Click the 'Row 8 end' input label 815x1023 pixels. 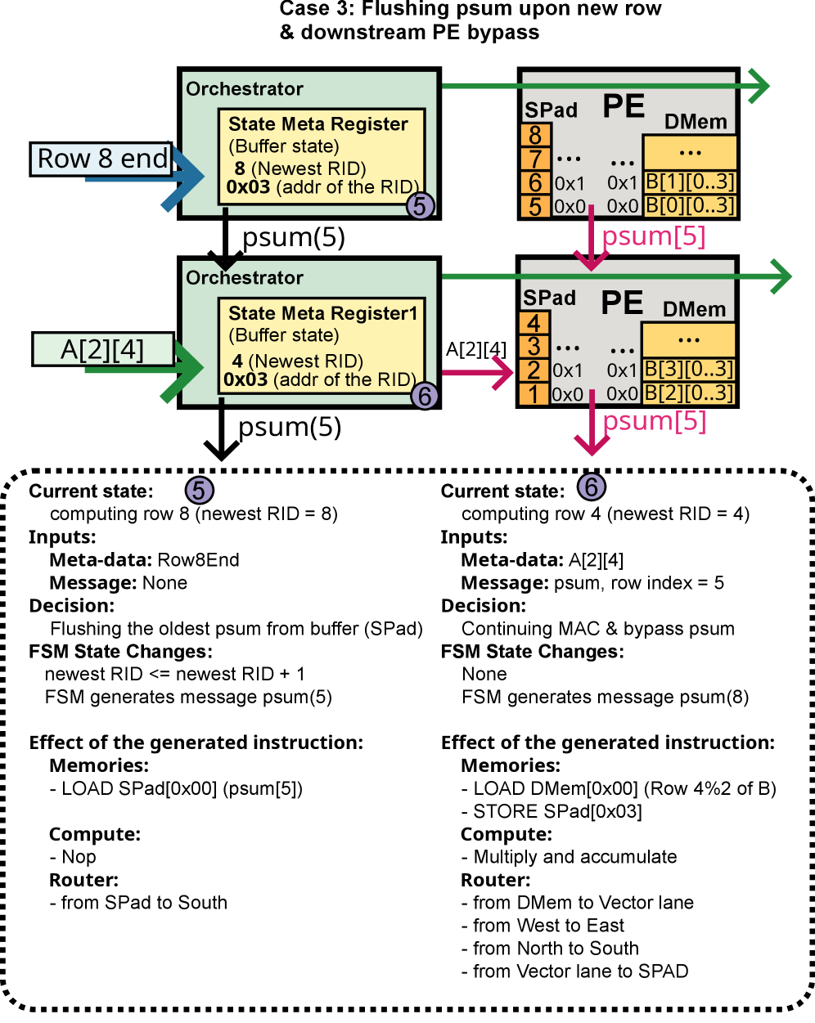pos(103,158)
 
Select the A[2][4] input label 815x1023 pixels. pos(103,350)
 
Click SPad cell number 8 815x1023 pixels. pos(534,134)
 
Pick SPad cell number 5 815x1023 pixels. pos(534,206)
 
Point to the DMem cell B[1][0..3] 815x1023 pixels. pos(690,182)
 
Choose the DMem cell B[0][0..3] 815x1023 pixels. pos(690,205)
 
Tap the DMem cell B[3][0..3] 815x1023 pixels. pos(689,370)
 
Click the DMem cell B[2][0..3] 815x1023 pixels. pos(689,393)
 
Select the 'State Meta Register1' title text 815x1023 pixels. pos(322,313)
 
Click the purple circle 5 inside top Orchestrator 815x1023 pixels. pos(420,206)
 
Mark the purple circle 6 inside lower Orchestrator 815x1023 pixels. pos(424,396)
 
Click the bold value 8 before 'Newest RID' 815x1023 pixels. pos(240,168)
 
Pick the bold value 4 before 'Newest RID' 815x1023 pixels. pos(237,361)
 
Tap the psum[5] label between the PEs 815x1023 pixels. pos(653,236)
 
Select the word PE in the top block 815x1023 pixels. pos(624,106)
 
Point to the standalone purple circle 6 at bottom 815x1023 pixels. pos(592,487)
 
